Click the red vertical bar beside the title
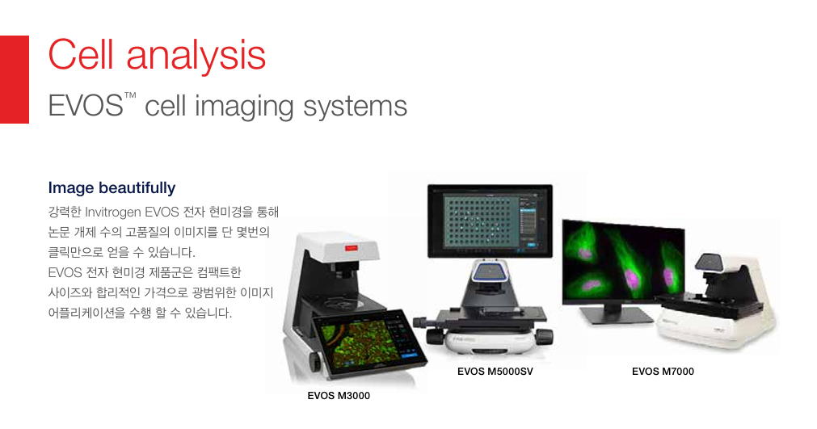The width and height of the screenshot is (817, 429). (x=14, y=79)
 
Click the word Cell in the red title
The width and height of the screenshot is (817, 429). (x=81, y=54)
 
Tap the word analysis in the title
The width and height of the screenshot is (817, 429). (x=196, y=56)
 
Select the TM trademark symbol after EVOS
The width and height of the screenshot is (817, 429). (x=130, y=95)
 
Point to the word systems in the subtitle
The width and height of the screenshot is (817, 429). (x=355, y=107)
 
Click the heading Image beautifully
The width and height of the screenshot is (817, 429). (x=112, y=188)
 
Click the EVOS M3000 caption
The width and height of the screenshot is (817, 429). (x=339, y=396)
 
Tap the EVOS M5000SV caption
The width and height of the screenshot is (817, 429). (x=495, y=372)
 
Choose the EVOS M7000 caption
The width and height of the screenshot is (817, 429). (x=663, y=372)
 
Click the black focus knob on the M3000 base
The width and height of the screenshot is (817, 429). (x=315, y=361)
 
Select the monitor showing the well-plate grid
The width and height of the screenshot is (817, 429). (x=490, y=221)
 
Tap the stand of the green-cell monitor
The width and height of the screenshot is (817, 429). (x=615, y=313)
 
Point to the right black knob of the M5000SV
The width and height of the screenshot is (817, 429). (x=545, y=336)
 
